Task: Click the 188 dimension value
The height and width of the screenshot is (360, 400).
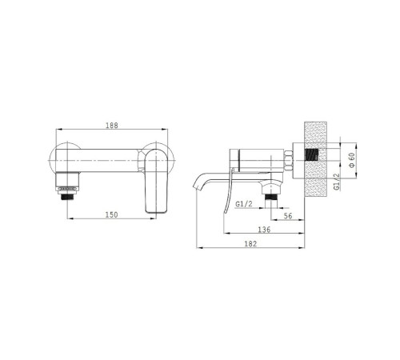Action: tap(112, 126)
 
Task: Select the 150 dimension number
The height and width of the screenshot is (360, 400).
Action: tap(111, 214)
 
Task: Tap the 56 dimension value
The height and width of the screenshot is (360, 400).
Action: tap(288, 216)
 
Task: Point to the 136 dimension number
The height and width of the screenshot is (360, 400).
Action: tap(264, 230)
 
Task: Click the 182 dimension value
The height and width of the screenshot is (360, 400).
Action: tap(250, 244)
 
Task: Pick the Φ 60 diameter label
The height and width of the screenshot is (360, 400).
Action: tap(352, 160)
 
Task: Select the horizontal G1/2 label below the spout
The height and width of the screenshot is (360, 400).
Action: tap(244, 204)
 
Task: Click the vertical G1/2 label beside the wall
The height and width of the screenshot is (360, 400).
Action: tap(338, 182)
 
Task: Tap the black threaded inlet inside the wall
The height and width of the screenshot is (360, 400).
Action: tap(312, 154)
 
